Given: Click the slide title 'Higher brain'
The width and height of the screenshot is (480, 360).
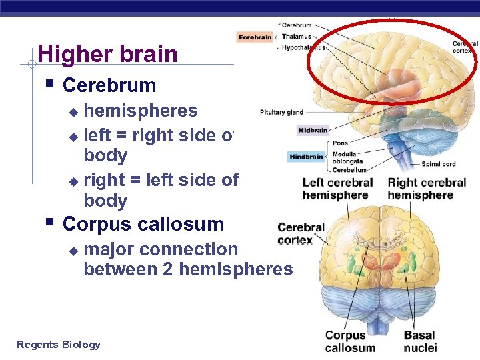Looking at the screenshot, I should pos(107,54).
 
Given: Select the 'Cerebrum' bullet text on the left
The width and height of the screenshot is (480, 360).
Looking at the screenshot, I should pos(109,85).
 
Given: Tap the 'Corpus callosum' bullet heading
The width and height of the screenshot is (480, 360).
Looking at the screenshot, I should pos(143,224).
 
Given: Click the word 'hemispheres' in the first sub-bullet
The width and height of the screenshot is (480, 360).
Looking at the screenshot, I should pos(141,111).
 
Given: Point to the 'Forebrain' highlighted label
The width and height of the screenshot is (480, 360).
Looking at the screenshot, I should pos(255,37).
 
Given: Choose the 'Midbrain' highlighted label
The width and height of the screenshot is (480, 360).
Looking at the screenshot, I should pos(312,130).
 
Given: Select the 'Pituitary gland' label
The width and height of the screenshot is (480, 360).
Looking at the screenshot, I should pos(281,112).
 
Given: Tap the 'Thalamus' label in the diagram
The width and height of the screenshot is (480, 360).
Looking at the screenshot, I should pos(297,37).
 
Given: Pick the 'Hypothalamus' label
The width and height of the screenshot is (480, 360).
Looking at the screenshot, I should pos(303,47).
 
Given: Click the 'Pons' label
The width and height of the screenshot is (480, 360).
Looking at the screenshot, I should pos(340,143).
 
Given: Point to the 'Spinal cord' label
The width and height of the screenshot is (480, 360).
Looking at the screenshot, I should pos(439,164).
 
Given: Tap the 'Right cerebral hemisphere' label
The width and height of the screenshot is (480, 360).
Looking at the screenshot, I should pos(427,189).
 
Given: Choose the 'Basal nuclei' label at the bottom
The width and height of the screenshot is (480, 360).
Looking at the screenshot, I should pos(420,341).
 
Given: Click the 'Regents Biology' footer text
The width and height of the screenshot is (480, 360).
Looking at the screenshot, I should pos(59,345).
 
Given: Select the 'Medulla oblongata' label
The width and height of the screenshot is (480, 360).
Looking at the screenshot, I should pos(348,157).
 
